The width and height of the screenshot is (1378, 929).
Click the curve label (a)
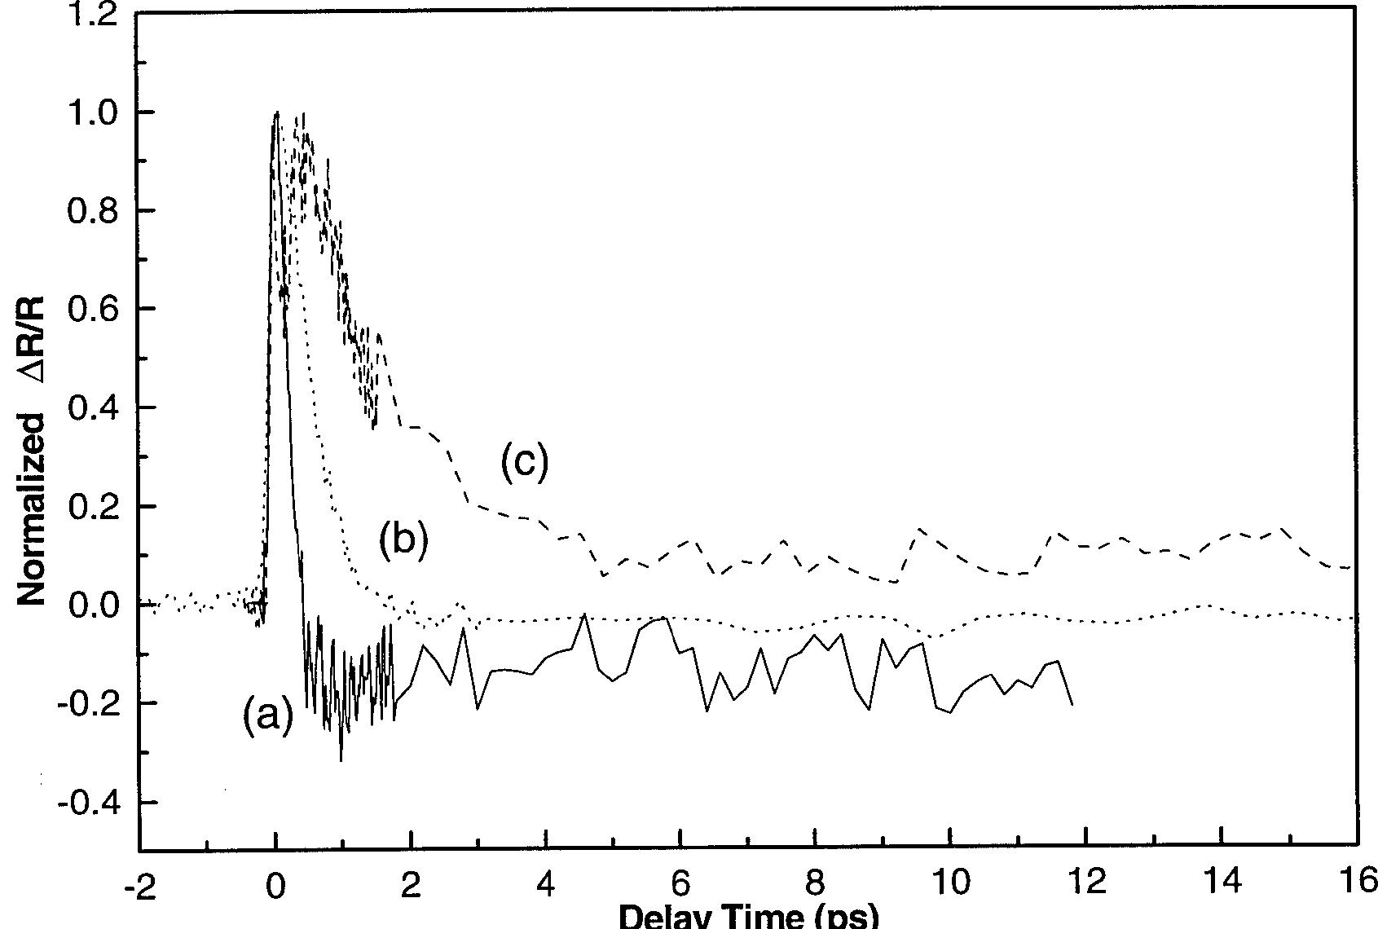pos(267,718)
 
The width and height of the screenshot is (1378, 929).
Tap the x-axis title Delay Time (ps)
pos(749,916)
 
